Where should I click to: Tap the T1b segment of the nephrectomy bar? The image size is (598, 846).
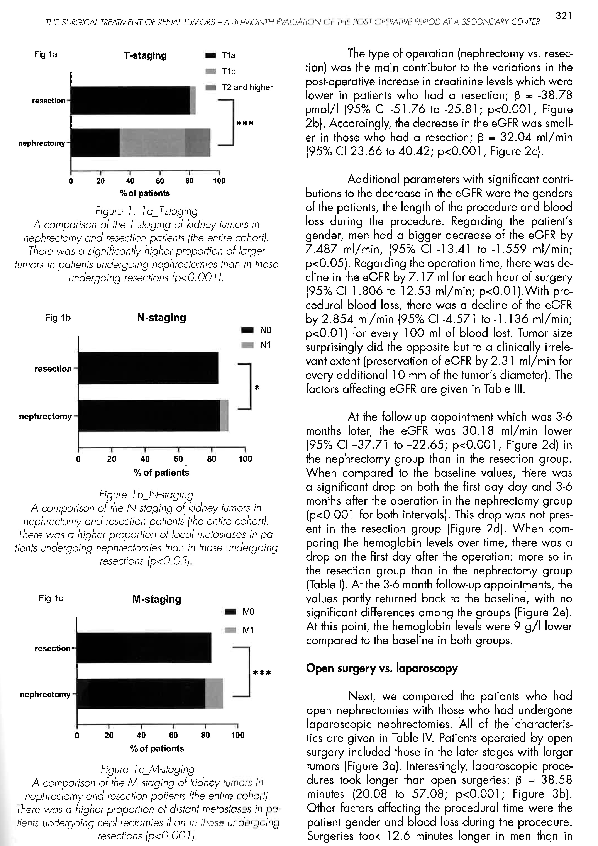point(152,143)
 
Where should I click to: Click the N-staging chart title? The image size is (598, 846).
point(161,318)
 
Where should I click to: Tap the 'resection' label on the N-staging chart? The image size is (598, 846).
point(53,369)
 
